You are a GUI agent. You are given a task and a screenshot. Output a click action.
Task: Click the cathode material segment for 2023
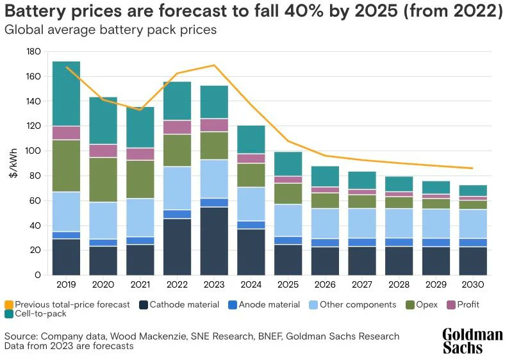click(214, 241)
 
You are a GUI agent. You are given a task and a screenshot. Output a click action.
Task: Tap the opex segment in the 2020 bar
click(103, 179)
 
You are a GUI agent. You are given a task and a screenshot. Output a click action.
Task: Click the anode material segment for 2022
click(177, 214)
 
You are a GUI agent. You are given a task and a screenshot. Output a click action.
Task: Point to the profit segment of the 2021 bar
click(140, 154)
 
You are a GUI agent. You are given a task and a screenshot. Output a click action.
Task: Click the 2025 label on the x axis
click(288, 284)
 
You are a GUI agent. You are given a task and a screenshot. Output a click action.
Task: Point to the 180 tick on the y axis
click(35, 52)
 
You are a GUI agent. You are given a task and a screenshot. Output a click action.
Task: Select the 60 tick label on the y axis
click(37, 201)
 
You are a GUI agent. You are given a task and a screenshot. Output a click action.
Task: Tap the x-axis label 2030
click(473, 284)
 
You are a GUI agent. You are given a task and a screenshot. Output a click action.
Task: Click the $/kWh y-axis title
click(14, 163)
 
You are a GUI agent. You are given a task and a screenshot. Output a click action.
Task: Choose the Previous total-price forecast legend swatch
click(8, 304)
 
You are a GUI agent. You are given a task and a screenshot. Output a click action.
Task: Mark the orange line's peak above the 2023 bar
click(214, 65)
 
